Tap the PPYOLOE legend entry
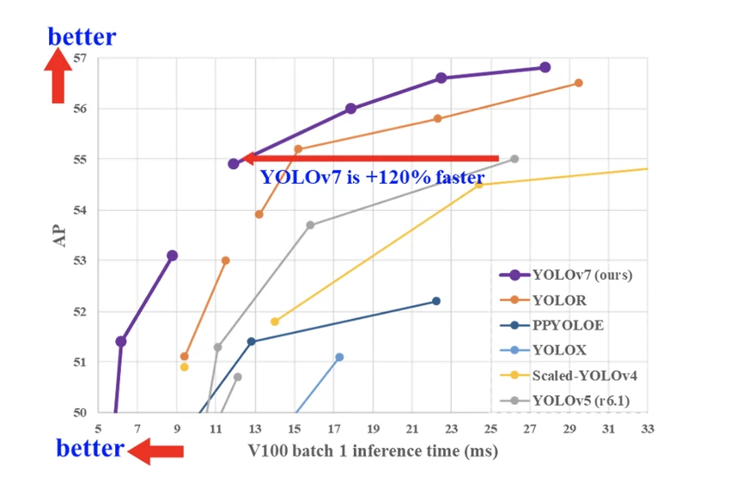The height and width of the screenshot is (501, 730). coord(566,325)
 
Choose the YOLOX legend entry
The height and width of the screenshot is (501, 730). coord(560,350)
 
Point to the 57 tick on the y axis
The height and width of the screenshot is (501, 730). coord(81,58)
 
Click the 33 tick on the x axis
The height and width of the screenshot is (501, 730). coord(647,428)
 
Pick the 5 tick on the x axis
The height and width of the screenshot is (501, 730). coord(99,428)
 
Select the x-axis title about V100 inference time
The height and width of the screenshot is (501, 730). coord(373,450)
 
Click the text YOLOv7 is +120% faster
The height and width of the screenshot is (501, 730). coord(373,178)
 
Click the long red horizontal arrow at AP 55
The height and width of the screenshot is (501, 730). coord(369,158)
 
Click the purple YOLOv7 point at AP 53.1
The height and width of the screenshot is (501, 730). coord(172,255)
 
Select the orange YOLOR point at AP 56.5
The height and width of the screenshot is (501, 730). coord(578,82)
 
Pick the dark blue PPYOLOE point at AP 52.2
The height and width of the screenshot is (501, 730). coord(436,300)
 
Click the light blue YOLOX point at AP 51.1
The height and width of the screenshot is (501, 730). coord(339,357)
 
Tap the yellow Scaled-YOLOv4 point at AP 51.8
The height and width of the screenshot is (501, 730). coord(275,322)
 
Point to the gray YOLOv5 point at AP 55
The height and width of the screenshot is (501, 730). coord(514,159)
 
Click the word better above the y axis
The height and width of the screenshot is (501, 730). coord(82,37)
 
